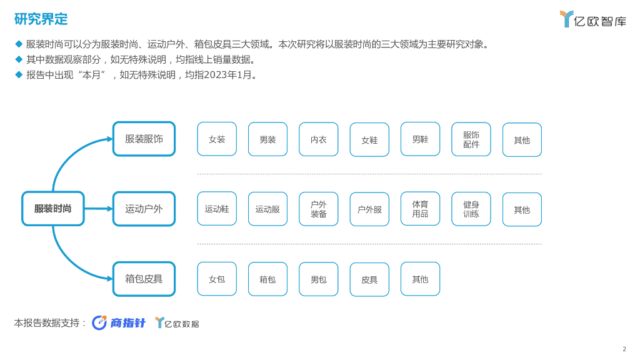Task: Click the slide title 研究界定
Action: click(x=41, y=19)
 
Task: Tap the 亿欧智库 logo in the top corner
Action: click(x=592, y=19)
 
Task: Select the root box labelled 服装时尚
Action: click(x=53, y=209)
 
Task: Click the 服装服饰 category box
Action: click(x=144, y=139)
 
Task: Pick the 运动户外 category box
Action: click(x=144, y=209)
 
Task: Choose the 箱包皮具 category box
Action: click(x=144, y=279)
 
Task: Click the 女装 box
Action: click(x=217, y=139)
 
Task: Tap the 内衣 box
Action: click(x=319, y=139)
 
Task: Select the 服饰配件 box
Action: click(x=471, y=139)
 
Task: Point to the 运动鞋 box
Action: click(x=217, y=209)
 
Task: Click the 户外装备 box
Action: click(x=319, y=209)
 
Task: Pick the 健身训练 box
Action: click(x=471, y=209)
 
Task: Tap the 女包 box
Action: click(x=217, y=279)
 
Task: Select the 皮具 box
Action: click(x=369, y=279)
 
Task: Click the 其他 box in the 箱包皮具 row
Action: click(x=420, y=279)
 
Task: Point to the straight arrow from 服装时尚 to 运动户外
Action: click(x=98, y=209)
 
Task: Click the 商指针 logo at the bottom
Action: click(x=119, y=322)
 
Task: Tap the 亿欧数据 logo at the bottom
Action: click(x=177, y=323)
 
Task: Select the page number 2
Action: click(x=624, y=349)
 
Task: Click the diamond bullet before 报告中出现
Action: click(x=19, y=74)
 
